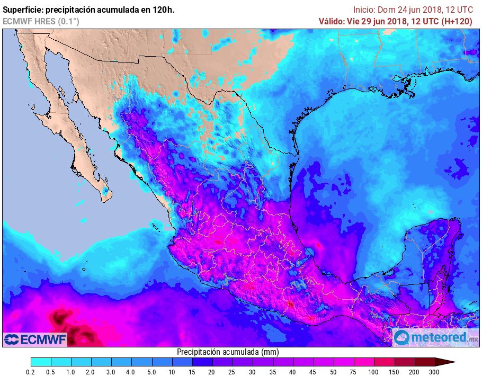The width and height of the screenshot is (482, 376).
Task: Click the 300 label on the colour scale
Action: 434,372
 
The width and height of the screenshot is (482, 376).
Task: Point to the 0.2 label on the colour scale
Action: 31,372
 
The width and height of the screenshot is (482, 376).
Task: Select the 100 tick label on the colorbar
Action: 373,372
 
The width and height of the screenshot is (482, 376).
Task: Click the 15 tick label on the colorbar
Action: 192,372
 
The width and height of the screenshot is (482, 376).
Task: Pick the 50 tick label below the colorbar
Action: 333,372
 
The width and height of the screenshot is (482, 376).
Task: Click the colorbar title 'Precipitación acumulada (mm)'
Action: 228,352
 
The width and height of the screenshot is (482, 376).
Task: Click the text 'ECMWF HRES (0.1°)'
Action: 41,21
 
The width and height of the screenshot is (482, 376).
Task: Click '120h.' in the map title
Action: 163,10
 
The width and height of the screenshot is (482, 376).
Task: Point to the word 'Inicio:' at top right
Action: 364,10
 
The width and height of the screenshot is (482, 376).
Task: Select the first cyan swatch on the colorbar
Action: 41,362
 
